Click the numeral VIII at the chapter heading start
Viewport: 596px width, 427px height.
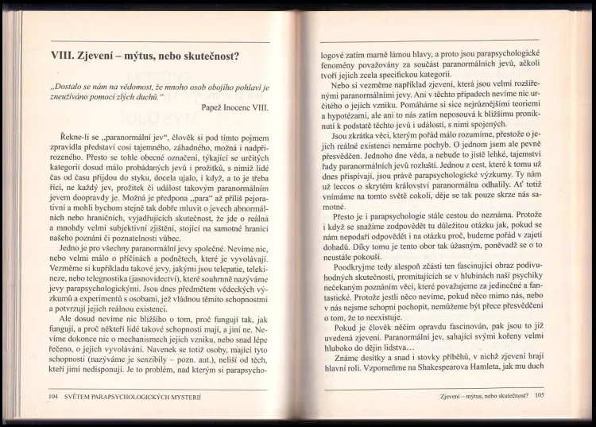coord(64,56)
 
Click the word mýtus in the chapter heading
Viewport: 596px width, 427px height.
coord(162,56)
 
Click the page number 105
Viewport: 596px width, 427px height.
coord(539,394)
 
